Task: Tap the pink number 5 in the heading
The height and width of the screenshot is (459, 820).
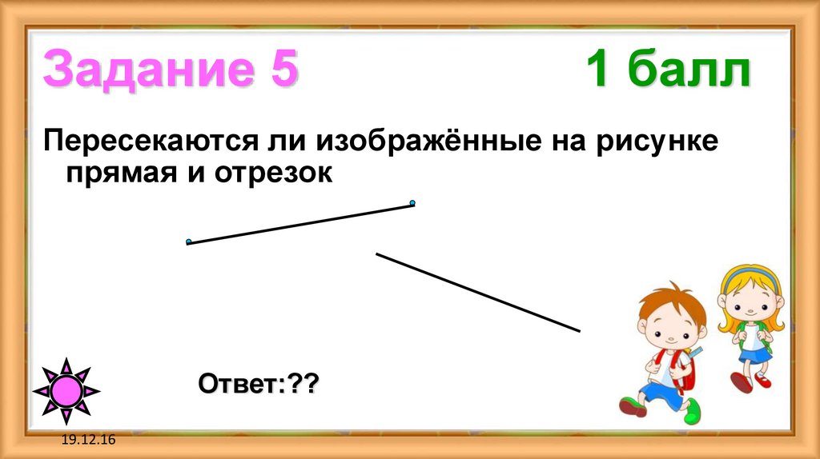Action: pos(279,70)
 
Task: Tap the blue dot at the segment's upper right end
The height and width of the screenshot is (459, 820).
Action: pos(412,203)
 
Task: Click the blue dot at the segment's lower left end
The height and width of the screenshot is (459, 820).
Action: pos(188,241)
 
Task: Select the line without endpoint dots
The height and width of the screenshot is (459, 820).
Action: pos(477,292)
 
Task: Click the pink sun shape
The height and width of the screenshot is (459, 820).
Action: pos(66,391)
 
